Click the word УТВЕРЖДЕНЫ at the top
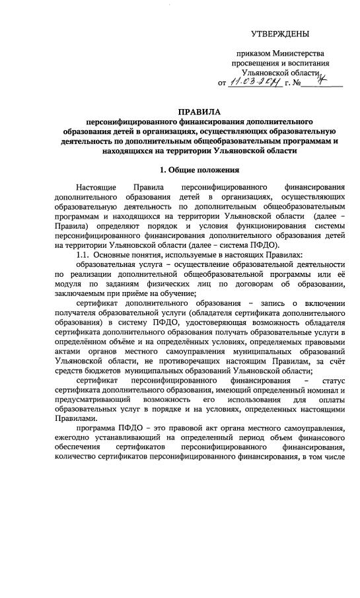click(279, 34)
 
